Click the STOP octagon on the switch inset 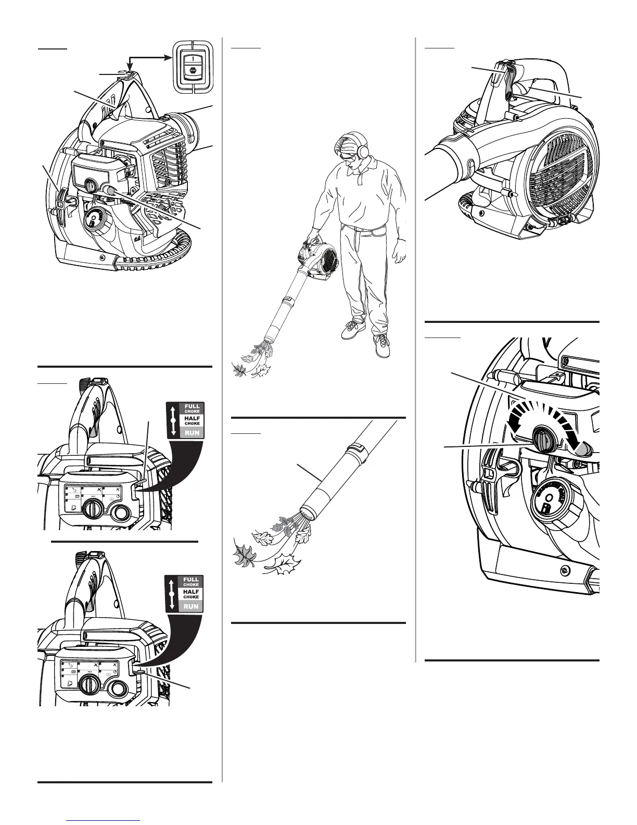[x=193, y=68]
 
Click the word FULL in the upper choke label [x=192, y=407]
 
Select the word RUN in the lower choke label [x=191, y=606]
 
